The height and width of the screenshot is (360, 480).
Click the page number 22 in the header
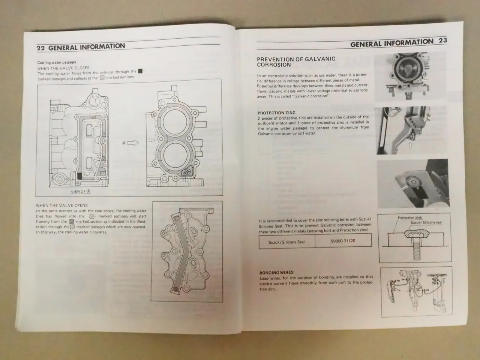pyautogui.click(x=41, y=48)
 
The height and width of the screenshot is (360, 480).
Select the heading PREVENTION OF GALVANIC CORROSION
pyautogui.click(x=296, y=62)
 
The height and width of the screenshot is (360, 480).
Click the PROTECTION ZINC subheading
pyautogui.click(x=276, y=113)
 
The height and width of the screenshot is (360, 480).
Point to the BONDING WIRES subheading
pyautogui.click(x=276, y=273)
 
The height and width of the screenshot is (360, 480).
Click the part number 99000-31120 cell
pyautogui.click(x=343, y=241)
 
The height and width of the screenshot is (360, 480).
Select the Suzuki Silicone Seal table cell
pyautogui.click(x=286, y=242)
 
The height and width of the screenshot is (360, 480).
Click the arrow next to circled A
pyautogui.click(x=133, y=143)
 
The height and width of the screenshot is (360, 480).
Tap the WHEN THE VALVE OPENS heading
pyautogui.click(x=62, y=205)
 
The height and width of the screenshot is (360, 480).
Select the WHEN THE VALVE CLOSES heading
pyautogui.click(x=63, y=69)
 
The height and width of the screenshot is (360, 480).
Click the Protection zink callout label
pyautogui.click(x=409, y=217)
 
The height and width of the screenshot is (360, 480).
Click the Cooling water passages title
pyautogui.click(x=57, y=63)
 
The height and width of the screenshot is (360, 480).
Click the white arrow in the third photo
pyautogui.click(x=405, y=186)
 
